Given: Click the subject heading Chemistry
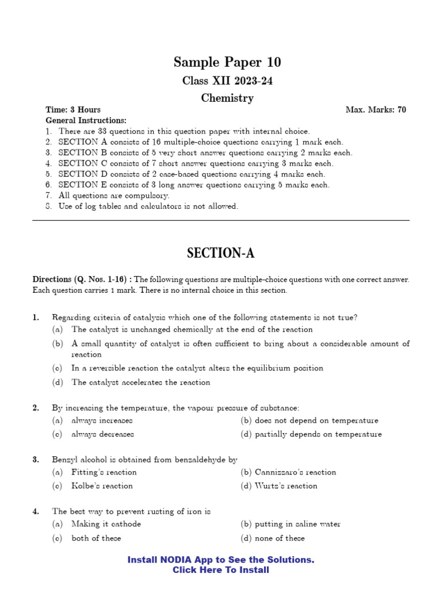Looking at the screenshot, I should tap(227, 98).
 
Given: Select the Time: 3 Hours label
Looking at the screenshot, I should tap(73, 110).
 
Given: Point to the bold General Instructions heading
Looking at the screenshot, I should tap(86, 120).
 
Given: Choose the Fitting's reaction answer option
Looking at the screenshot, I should tap(104, 472).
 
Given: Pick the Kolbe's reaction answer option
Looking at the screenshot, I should tap(102, 486).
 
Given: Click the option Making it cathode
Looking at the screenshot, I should tap(106, 524).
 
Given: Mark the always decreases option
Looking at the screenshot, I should tap(102, 434).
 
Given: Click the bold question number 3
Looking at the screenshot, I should tap(36, 460).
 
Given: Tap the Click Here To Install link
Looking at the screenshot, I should tap(221, 570).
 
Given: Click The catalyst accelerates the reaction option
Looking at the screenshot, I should tap(140, 382).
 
